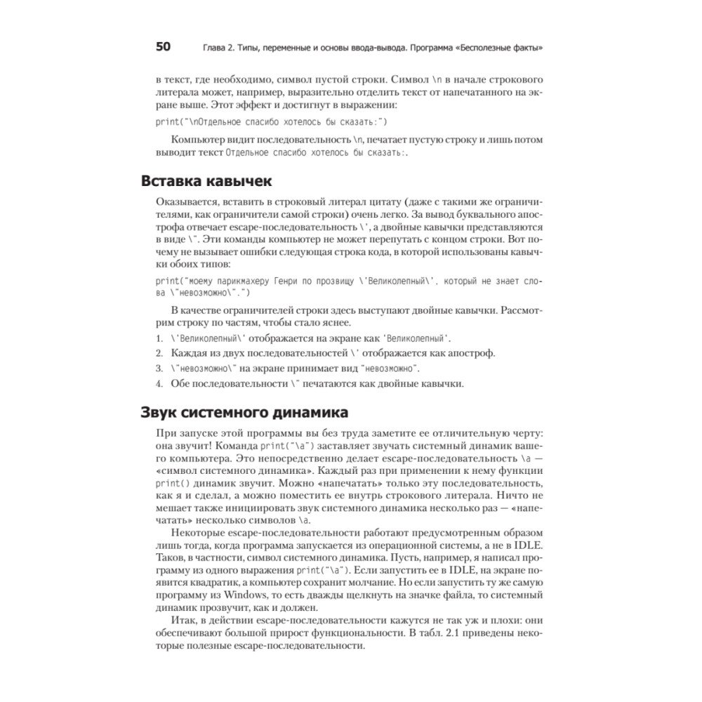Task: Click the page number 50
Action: coord(163,47)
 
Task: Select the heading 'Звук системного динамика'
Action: coord(244,412)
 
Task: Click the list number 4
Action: coord(159,383)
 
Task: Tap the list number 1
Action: coord(159,338)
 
